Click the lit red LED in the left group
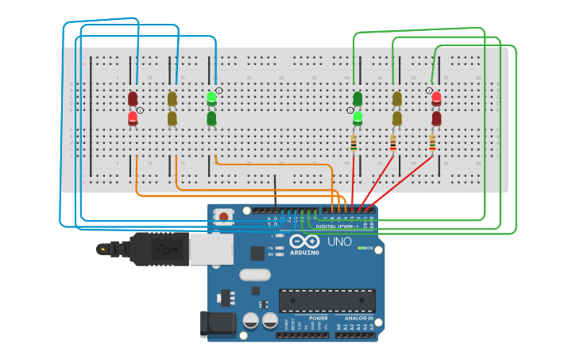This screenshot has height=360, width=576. (x=133, y=118)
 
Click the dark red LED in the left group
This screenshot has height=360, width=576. (x=133, y=99)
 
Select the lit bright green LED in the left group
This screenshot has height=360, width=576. (x=211, y=99)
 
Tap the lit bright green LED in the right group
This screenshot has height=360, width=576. (x=358, y=118)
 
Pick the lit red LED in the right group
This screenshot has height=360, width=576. (x=436, y=99)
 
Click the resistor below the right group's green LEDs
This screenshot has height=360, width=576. (x=354, y=143)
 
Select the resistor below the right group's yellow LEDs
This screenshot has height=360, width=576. (x=392, y=143)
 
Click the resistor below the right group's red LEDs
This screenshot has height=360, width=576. (x=432, y=143)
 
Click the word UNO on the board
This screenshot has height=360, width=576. (x=340, y=241)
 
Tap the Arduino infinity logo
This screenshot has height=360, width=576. (x=304, y=241)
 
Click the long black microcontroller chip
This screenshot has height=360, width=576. (x=326, y=300)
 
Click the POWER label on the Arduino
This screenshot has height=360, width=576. (x=318, y=318)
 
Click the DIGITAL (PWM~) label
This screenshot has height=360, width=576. (x=338, y=226)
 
